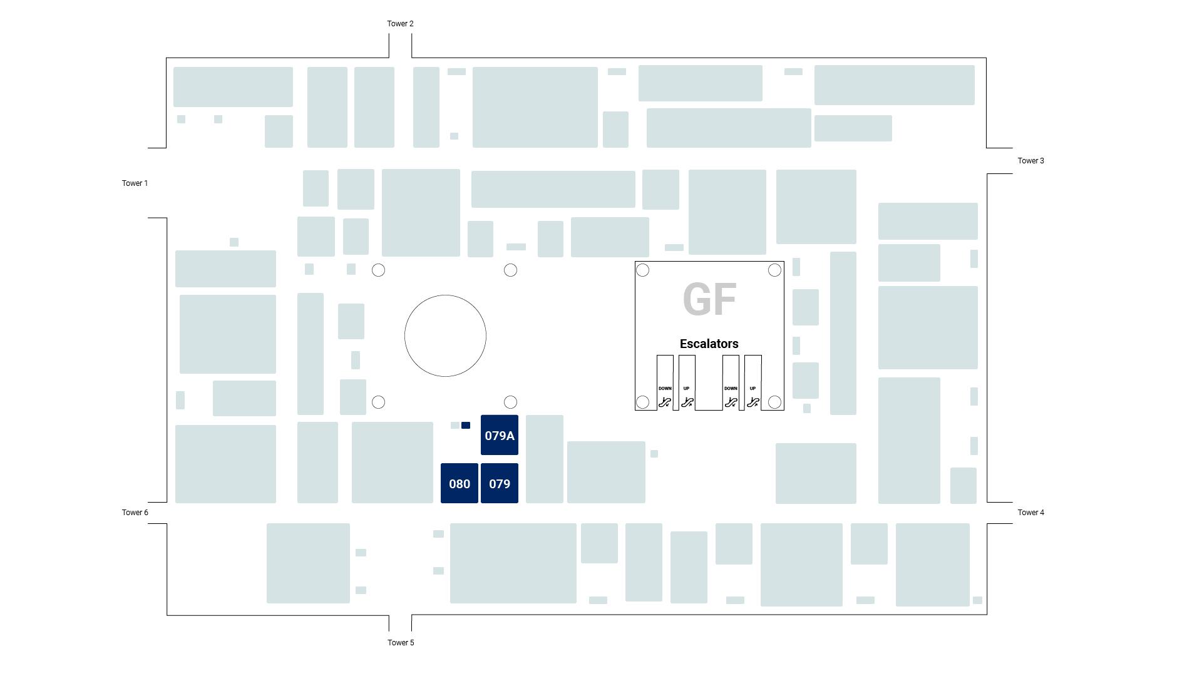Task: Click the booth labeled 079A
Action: [x=500, y=436]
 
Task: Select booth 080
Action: [x=460, y=484]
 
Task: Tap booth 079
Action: [x=500, y=484]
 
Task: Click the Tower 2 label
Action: [x=400, y=24]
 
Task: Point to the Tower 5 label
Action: [x=401, y=643]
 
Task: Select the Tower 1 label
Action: [x=135, y=183]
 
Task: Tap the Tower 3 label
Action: [x=1030, y=161]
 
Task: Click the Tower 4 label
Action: [x=1030, y=513]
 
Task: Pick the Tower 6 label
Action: [x=135, y=513]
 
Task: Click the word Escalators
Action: [x=709, y=344]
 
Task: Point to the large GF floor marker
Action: [x=709, y=299]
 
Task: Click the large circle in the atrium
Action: [x=445, y=335]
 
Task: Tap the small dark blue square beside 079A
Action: [x=466, y=426]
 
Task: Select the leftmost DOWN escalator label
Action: [x=665, y=389]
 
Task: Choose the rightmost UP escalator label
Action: [x=753, y=389]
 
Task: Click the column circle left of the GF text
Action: [x=642, y=270]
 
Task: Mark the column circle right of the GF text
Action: [x=774, y=270]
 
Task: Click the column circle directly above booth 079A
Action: [x=510, y=402]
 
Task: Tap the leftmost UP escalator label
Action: [x=687, y=389]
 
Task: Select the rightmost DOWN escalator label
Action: [x=731, y=389]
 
